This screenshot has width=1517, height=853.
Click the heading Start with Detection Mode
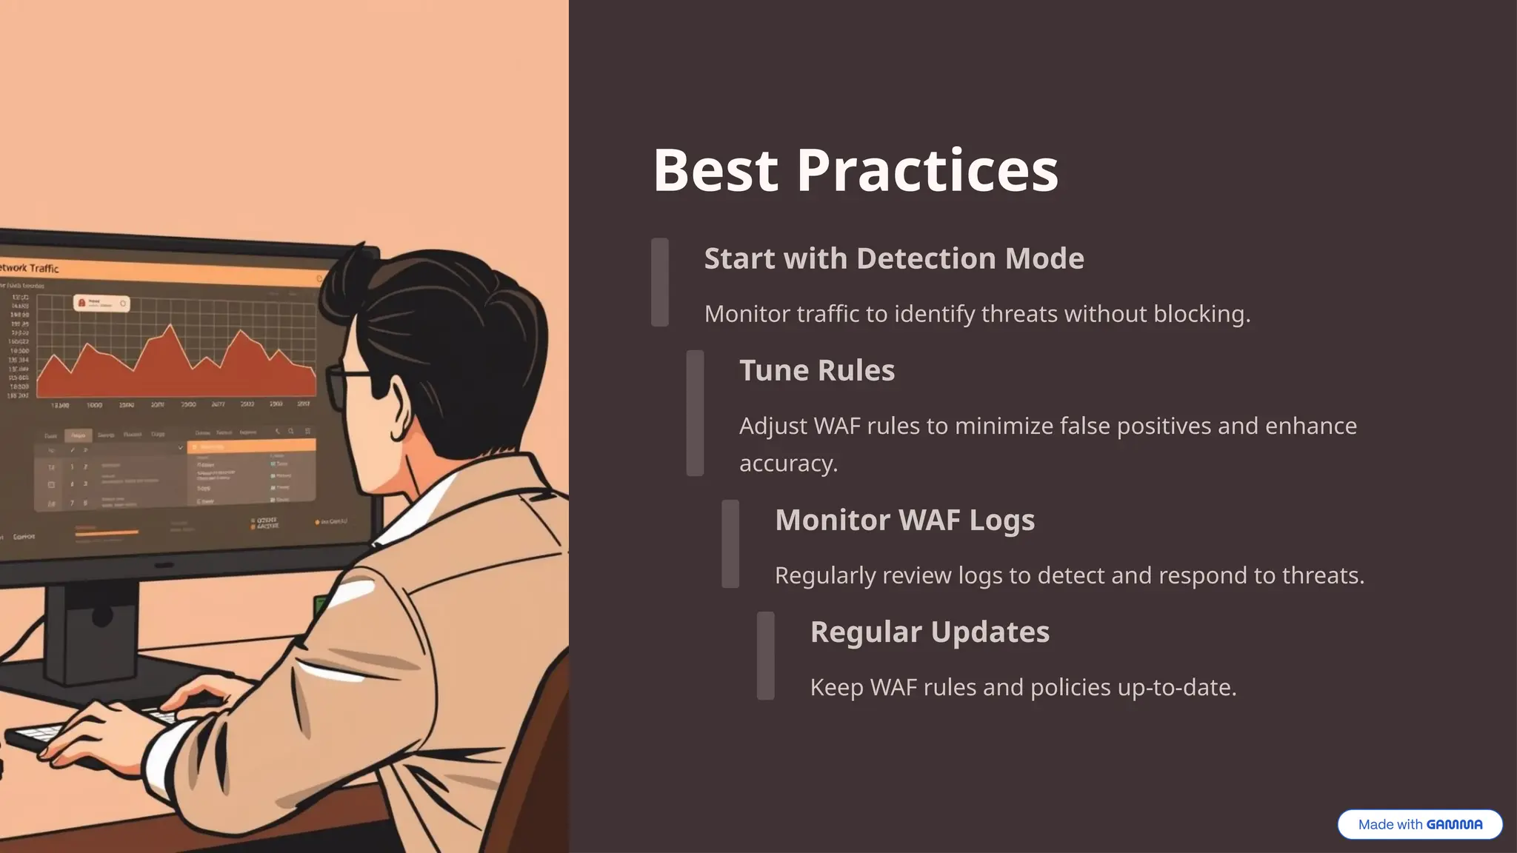[893, 258]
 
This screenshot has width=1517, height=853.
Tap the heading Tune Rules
[816, 370]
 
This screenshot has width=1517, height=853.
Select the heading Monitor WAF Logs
[904, 520]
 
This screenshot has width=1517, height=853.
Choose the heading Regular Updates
[930, 632]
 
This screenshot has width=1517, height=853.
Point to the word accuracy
[787, 464]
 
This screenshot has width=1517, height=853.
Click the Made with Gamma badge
[1419, 824]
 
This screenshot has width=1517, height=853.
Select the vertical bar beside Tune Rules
[695, 413]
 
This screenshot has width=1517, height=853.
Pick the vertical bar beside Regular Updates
[765, 655]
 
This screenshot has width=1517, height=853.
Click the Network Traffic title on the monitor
[30, 268]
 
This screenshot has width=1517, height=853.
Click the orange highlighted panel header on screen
[252, 446]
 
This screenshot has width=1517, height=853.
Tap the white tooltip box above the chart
[101, 303]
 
